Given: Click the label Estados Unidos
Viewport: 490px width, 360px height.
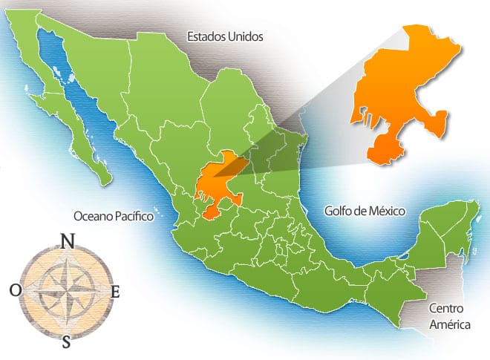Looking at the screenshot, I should [x=225, y=36].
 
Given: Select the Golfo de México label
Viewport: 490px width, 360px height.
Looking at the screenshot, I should [x=365, y=211].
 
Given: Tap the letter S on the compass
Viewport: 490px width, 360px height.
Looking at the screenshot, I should [x=66, y=342].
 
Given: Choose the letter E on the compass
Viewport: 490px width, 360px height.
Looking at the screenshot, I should [x=115, y=292].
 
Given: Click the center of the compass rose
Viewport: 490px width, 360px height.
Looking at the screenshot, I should [x=65, y=291].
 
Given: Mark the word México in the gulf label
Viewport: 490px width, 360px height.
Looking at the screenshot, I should [x=387, y=211].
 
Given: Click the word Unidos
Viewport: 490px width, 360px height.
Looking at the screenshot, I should [x=244, y=36].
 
